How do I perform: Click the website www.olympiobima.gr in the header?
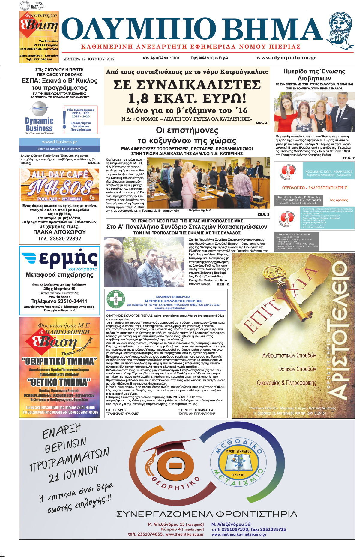pyautogui.click(x=286, y=58)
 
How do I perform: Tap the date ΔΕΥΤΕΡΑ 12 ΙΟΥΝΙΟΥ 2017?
pyautogui.click(x=88, y=59)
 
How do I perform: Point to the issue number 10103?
pyautogui.click(x=174, y=58)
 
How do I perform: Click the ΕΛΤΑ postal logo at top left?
pyautogui.click(x=35, y=5)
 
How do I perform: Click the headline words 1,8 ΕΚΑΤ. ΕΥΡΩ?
pyautogui.click(x=187, y=98)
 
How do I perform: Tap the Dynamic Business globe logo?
pyautogui.click(x=39, y=109)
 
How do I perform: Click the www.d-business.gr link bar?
pyautogui.click(x=60, y=142)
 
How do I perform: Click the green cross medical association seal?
pyautogui.click(x=116, y=299)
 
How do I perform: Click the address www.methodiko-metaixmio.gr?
pyautogui.click(x=239, y=534)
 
